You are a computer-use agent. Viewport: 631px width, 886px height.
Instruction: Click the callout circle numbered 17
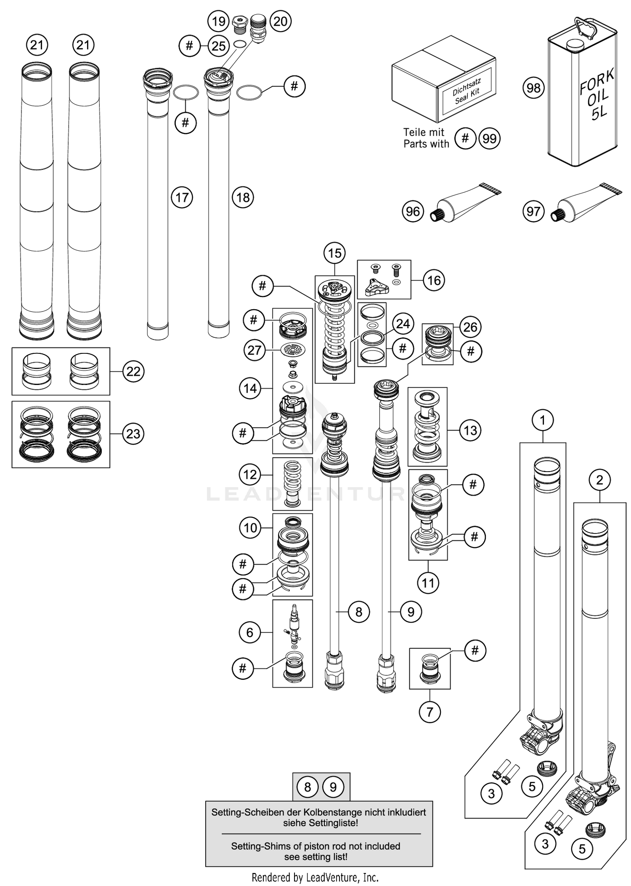(182, 197)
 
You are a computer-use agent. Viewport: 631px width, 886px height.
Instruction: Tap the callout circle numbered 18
(243, 197)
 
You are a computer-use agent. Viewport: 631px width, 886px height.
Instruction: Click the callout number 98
(533, 88)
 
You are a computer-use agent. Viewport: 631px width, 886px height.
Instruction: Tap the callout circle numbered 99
(490, 138)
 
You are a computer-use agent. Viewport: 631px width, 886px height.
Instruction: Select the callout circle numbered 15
(334, 253)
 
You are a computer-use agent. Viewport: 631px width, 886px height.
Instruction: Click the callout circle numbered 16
(434, 280)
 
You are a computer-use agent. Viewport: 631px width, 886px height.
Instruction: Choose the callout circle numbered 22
(133, 371)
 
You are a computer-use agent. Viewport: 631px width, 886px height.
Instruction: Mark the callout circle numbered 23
(133, 434)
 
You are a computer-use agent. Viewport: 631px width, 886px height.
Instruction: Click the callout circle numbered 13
(470, 430)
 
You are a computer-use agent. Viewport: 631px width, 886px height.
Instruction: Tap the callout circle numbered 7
(430, 712)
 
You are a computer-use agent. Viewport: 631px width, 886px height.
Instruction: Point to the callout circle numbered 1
(543, 420)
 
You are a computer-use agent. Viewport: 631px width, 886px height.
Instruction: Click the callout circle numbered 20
(280, 21)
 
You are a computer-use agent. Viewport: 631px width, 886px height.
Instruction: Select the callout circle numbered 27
(254, 350)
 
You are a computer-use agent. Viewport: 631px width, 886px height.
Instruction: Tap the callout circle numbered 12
(250, 475)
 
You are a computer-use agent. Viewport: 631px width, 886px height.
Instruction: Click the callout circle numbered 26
(470, 327)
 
